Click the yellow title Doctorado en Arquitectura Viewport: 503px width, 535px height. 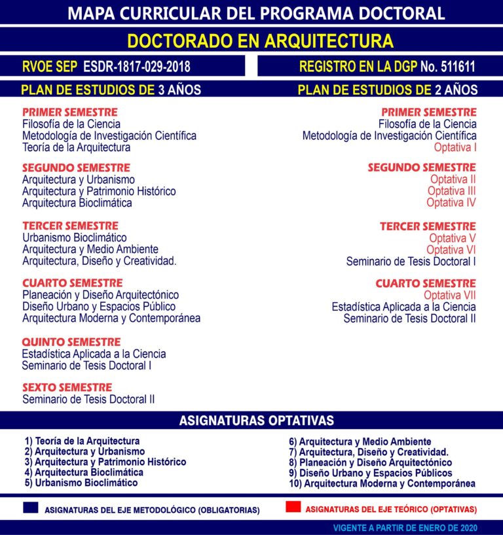pyautogui.click(x=260, y=41)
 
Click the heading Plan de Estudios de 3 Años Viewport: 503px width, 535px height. pyautogui.click(x=111, y=90)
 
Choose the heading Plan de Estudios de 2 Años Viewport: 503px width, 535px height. pyautogui.click(x=388, y=90)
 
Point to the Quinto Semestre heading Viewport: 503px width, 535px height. pyautogui.click(x=71, y=342)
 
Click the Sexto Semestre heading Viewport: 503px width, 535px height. pyautogui.click(x=67, y=387)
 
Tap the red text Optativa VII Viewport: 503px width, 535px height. pyautogui.click(x=450, y=295)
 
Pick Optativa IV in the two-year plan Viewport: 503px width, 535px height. pyautogui.click(x=451, y=203)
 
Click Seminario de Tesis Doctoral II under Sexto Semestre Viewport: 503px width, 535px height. pyautogui.click(x=88, y=399)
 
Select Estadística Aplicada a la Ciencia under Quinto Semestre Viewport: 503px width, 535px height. pyautogui.click(x=94, y=354)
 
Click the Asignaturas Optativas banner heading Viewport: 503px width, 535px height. pyautogui.click(x=256, y=421)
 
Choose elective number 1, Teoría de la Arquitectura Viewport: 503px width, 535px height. pyautogui.click(x=82, y=441)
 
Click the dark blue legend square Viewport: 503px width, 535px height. pyautogui.click(x=31, y=508)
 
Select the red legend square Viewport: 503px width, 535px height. pyautogui.click(x=293, y=507)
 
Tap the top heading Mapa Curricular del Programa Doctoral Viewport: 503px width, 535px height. pyautogui.click(x=256, y=12)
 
